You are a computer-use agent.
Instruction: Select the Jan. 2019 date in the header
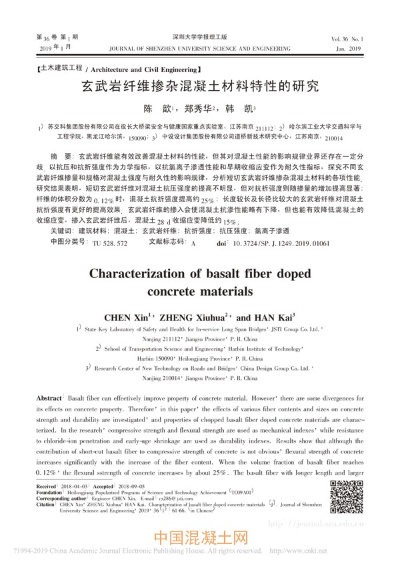point(348,49)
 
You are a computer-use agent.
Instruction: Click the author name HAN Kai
point(275,316)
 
